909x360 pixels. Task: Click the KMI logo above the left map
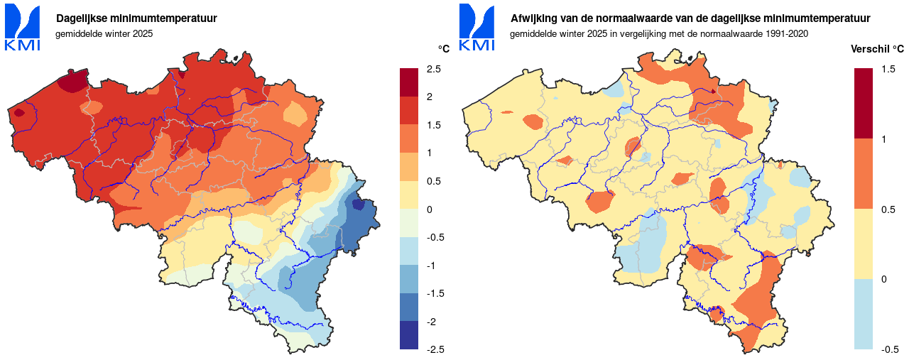[x=22, y=28]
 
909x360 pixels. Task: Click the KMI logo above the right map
[x=477, y=28]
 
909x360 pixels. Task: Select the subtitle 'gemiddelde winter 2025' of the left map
[x=104, y=33]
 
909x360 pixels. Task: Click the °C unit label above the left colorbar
[x=444, y=49]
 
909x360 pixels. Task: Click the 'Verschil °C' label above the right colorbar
[x=877, y=49]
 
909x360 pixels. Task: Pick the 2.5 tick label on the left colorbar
[x=433, y=69]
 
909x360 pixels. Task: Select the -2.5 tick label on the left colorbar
[x=435, y=349]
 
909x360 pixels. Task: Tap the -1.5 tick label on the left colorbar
[x=435, y=293]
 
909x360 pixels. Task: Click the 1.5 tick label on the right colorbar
[x=888, y=69]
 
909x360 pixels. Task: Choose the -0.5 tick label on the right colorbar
[x=889, y=349]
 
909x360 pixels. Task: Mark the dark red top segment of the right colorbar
[x=864, y=103]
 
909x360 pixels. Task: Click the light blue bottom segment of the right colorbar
[x=864, y=314]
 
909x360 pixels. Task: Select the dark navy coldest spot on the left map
[x=359, y=205]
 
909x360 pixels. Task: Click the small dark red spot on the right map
[x=713, y=91]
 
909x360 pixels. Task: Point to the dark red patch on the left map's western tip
[x=19, y=111]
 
